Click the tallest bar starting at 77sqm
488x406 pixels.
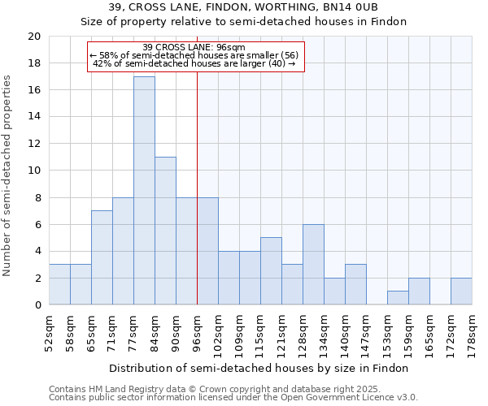tap(144, 191)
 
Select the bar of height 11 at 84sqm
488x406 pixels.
tap(165, 231)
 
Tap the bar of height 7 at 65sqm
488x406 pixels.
tap(102, 257)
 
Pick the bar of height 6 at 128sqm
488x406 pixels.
tap(313, 265)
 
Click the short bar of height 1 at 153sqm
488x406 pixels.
tap(398, 298)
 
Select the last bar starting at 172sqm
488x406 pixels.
tap(461, 292)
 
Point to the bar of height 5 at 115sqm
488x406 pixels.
tap(271, 271)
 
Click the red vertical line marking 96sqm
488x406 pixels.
tap(197, 203)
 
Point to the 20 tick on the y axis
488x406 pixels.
tap(33, 37)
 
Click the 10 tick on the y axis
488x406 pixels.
tap(33, 171)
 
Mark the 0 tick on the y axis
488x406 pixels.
tap(37, 305)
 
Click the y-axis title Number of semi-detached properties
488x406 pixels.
tap(8, 175)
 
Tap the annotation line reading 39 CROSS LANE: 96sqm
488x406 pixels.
tap(194, 47)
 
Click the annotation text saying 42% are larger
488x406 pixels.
tap(194, 63)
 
